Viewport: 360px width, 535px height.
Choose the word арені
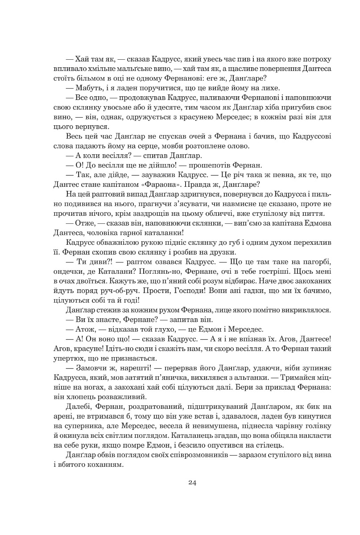tap(65, 415)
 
